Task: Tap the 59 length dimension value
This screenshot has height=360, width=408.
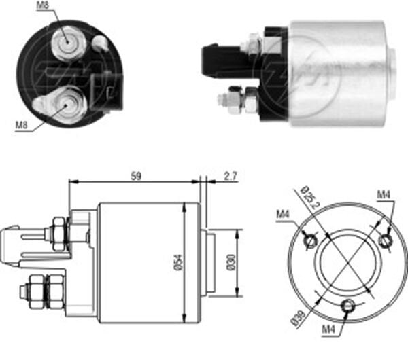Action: point(137,176)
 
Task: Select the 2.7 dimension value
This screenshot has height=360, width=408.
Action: point(230,177)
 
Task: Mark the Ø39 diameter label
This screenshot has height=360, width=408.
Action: point(297,317)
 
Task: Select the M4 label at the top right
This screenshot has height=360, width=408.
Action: point(384,195)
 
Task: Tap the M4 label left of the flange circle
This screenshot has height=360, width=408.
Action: point(284,215)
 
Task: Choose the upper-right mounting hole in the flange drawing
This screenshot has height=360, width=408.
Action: point(385,239)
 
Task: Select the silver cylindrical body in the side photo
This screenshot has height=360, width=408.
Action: point(340,73)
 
